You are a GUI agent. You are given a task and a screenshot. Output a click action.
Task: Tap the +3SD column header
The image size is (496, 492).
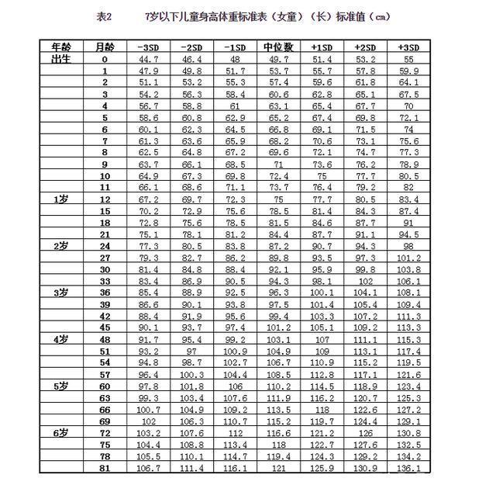pos(408,47)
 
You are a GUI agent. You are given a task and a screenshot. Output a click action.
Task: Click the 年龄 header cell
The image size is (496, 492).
pos(61,47)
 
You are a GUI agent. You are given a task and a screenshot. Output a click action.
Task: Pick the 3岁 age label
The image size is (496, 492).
pos(61,293)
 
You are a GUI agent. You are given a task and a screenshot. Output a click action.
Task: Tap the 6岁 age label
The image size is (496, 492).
pos(61,431)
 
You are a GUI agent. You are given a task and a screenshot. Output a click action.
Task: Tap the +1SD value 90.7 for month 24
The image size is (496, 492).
pos(321,246)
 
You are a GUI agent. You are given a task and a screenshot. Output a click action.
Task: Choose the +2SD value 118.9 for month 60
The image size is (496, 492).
pos(364,386)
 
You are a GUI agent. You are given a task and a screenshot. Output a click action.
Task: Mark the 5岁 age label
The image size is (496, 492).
pos(61,386)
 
